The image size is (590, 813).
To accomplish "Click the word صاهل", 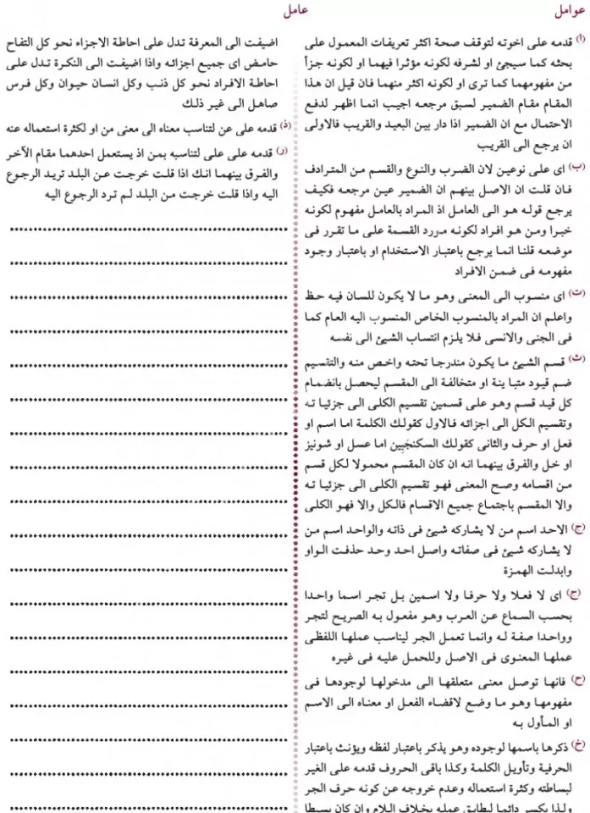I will [x=262, y=97].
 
